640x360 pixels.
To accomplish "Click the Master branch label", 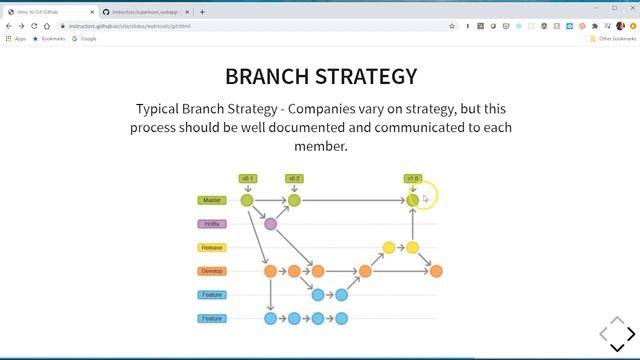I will (x=212, y=200).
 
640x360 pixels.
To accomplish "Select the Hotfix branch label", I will (x=212, y=224).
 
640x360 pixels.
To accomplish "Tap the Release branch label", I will (x=212, y=247).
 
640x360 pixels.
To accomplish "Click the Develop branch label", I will (x=212, y=271).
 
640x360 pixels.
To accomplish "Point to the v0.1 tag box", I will (x=248, y=179).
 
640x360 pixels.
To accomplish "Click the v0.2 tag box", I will (x=294, y=179).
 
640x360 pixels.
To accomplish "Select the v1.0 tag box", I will (x=413, y=179).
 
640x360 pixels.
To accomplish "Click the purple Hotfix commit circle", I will (x=270, y=224).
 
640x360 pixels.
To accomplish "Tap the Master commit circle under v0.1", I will (x=247, y=200).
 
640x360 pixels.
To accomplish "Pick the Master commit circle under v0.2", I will (x=294, y=200).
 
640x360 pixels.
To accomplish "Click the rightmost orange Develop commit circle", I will (x=436, y=271).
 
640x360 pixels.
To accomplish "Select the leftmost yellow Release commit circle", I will (x=389, y=247).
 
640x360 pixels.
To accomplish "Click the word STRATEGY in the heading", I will (x=366, y=76).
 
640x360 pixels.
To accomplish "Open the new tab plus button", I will (x=202, y=12).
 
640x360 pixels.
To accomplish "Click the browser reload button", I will (x=34, y=26).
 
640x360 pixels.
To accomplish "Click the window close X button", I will (x=629, y=7).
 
